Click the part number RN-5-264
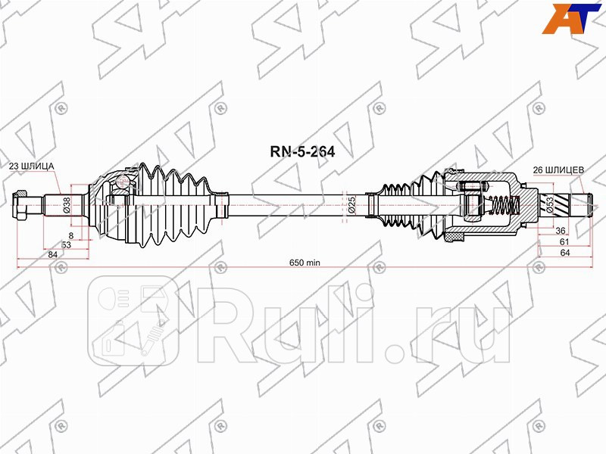coord(302,150)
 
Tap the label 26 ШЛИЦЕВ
coord(558,170)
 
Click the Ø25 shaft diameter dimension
coord(352,204)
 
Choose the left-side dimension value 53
coord(66,245)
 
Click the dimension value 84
coord(52,255)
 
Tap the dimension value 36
coord(561,231)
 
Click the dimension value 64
coord(564,253)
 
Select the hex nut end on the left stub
coord(21,205)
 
